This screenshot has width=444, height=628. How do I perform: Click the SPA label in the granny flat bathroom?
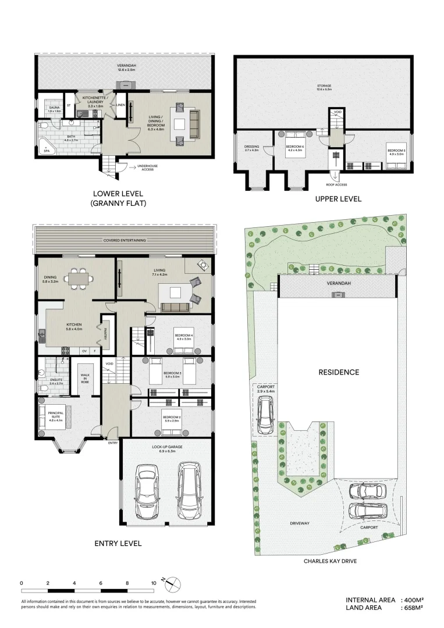click(x=46, y=151)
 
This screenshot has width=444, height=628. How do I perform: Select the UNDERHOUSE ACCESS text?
click(x=148, y=168)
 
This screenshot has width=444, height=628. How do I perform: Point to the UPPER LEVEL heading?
click(x=338, y=199)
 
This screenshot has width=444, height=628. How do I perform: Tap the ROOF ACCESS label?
click(x=337, y=185)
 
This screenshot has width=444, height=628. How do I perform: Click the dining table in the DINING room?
click(x=77, y=278)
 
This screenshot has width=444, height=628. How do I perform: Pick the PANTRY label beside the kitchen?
click(x=106, y=334)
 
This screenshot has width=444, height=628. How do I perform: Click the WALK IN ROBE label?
click(x=85, y=377)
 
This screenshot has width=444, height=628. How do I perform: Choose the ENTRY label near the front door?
click(x=113, y=443)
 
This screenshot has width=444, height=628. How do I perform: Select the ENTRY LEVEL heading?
click(x=118, y=544)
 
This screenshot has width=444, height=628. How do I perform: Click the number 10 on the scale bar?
click(x=154, y=582)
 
